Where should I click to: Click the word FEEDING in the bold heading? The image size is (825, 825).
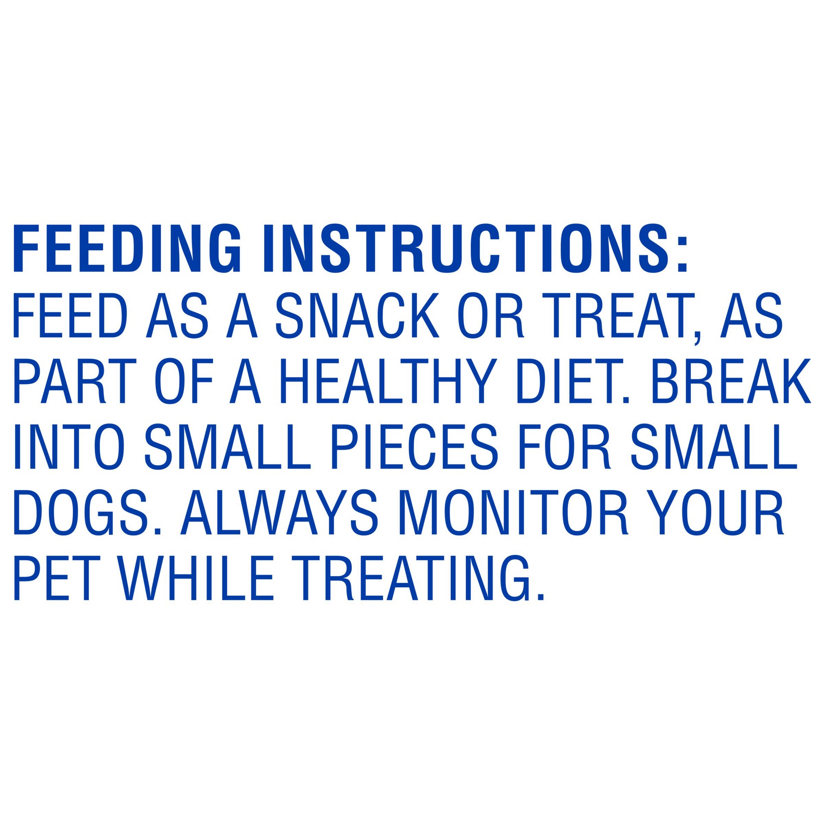[127, 248]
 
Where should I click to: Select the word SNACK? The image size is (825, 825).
[357, 316]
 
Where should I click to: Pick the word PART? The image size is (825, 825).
[75, 381]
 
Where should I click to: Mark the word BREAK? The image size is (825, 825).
[730, 381]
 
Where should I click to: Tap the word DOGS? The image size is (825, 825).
[84, 513]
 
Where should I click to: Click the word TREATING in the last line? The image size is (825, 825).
[412, 578]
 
